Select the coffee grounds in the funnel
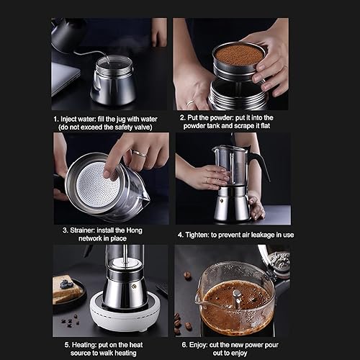click(x=238, y=55)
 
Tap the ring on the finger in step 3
click(x=138, y=153)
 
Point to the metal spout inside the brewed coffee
click(x=235, y=297)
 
